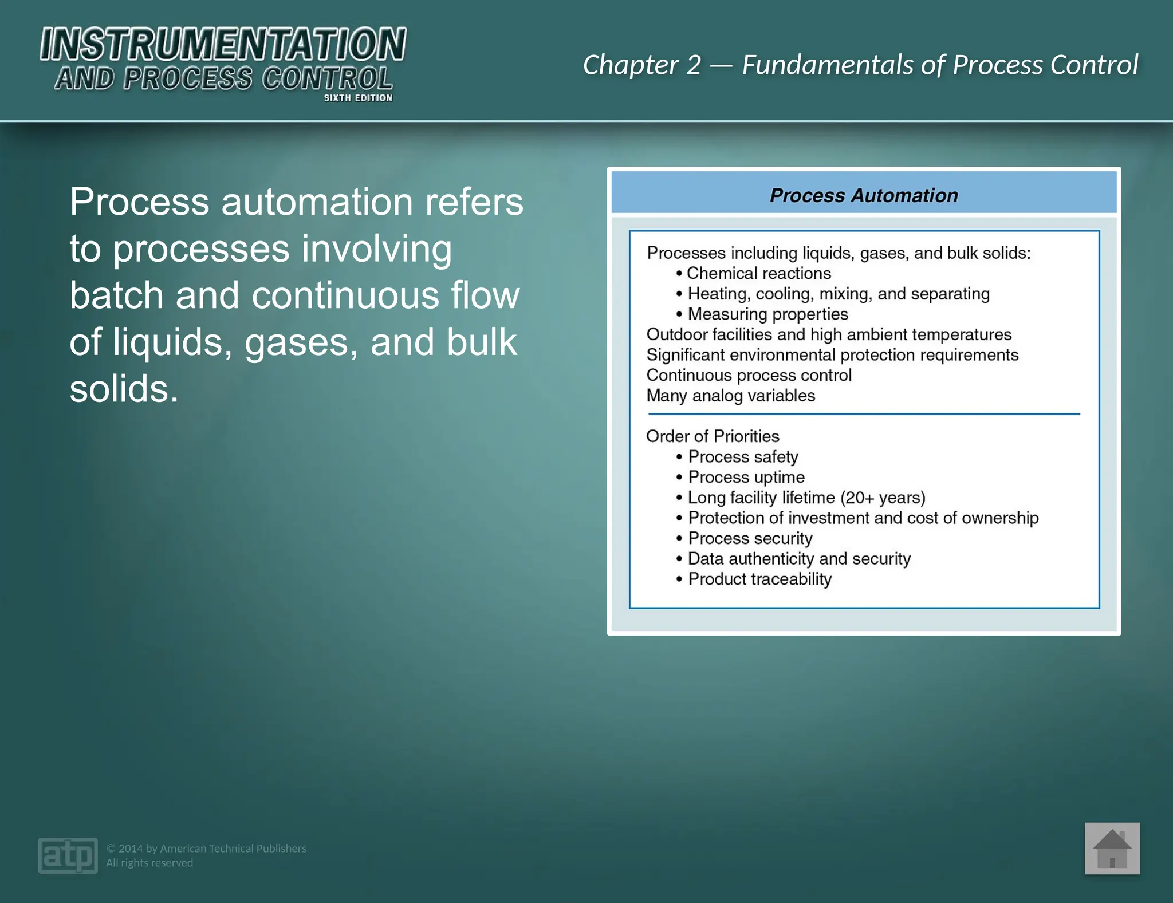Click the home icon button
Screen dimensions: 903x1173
1112,849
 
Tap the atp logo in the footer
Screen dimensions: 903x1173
68,855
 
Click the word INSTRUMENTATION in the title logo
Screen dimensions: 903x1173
223,45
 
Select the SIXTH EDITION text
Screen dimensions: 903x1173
358,98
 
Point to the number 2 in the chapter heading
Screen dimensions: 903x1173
693,65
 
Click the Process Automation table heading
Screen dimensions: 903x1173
863,195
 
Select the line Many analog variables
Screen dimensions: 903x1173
730,396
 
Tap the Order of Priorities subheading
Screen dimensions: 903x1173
713,436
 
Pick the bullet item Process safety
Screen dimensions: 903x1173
743,457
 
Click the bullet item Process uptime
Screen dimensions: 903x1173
746,477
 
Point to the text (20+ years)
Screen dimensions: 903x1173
883,498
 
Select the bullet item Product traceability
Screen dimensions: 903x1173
759,579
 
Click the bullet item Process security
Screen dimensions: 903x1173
750,538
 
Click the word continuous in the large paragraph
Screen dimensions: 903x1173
345,295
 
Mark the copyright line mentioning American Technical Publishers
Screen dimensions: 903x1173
206,848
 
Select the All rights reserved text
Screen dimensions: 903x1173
149,863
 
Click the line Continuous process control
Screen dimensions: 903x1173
749,375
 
